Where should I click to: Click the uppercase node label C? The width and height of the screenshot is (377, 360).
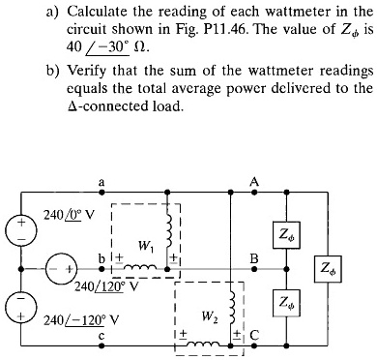254,336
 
